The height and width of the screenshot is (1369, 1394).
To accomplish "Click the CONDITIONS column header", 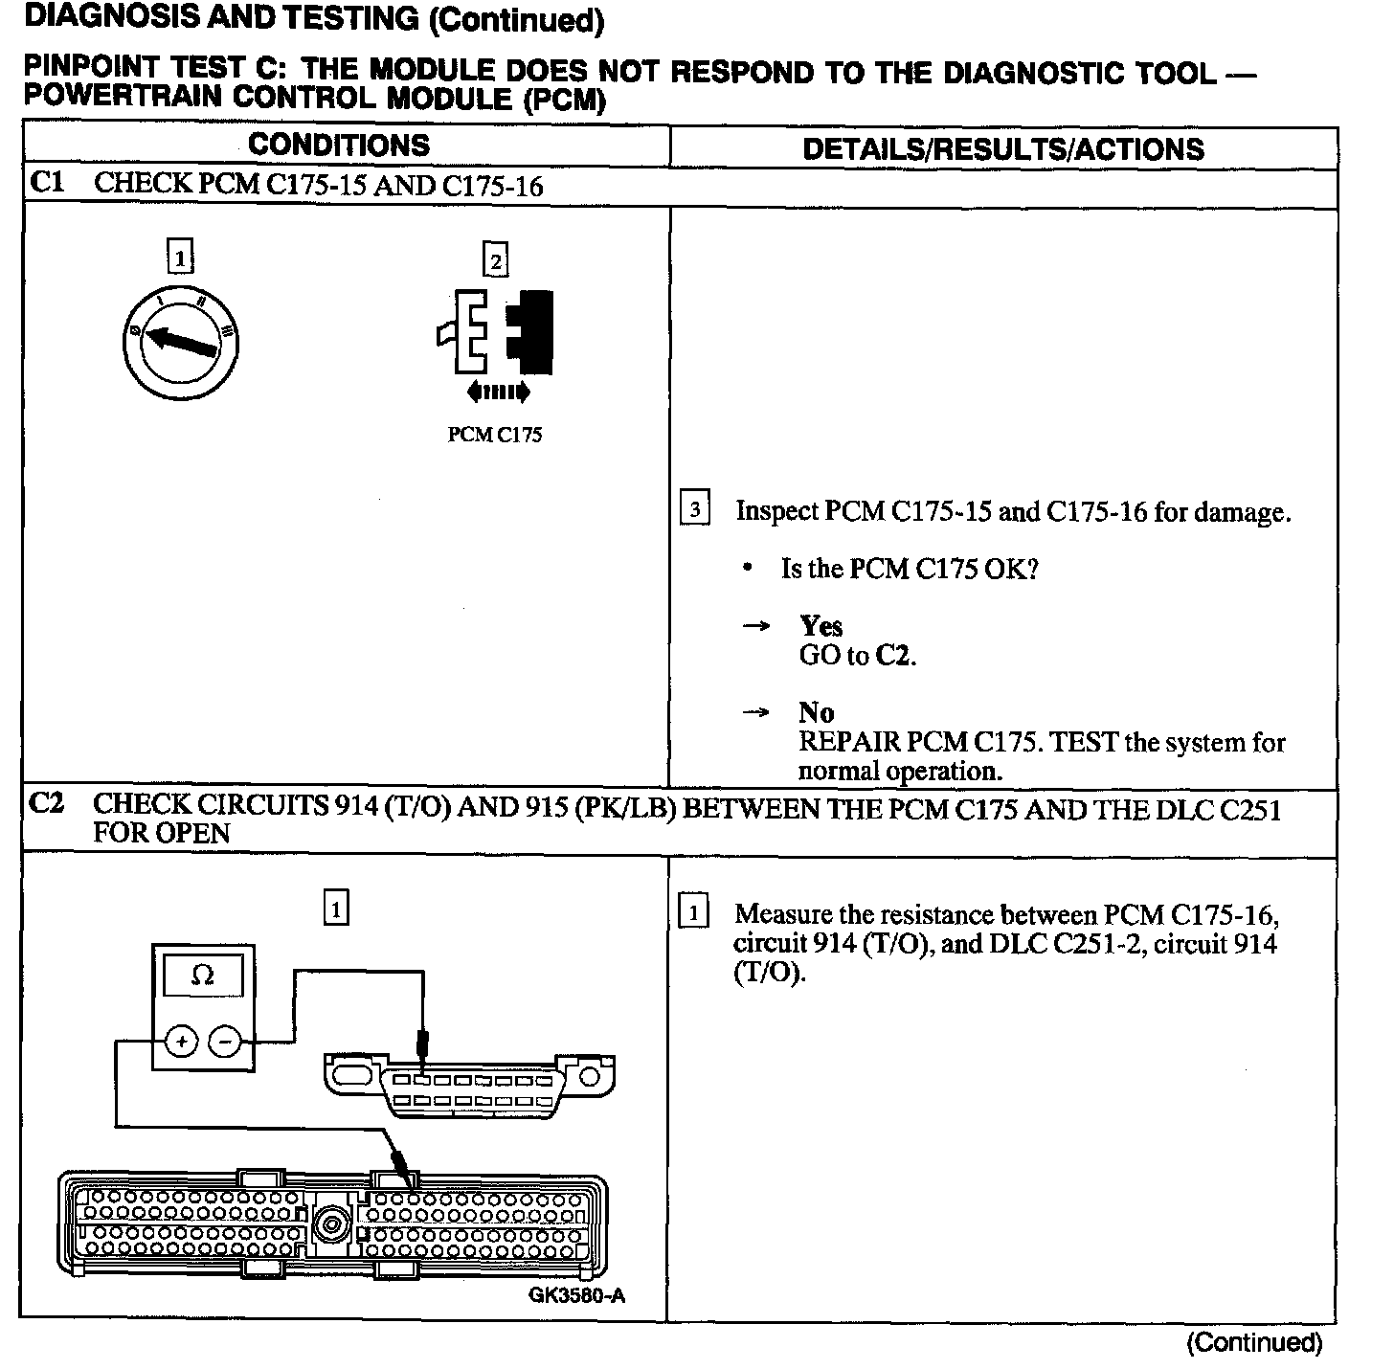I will tap(339, 146).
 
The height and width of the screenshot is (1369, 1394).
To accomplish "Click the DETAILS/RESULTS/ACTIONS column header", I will tap(1002, 149).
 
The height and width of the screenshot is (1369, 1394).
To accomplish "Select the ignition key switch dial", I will tap(180, 342).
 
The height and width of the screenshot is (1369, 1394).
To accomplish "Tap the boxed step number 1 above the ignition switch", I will tap(179, 258).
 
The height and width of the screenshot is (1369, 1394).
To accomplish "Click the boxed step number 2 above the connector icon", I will tap(495, 260).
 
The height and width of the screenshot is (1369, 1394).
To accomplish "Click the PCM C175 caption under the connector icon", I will tap(495, 436).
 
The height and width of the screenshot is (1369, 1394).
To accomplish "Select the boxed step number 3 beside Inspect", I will tap(694, 508).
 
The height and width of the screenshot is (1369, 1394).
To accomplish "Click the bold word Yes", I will tap(821, 626).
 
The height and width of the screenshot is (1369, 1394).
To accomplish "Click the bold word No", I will tap(816, 712).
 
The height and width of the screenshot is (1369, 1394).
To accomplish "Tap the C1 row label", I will tap(47, 183).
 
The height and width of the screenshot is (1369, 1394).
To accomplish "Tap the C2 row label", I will tap(47, 804).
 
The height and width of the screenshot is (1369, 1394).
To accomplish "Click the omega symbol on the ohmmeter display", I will tap(202, 976).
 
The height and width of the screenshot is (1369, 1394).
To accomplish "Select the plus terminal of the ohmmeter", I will tap(181, 1041).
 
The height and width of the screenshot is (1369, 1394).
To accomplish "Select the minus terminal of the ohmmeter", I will tap(225, 1041).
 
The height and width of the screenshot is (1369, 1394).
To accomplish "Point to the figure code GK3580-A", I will tap(576, 1296).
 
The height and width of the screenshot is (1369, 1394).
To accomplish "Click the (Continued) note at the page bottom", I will tap(1253, 1343).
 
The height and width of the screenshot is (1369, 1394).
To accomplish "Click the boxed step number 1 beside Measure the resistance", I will tap(693, 911).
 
